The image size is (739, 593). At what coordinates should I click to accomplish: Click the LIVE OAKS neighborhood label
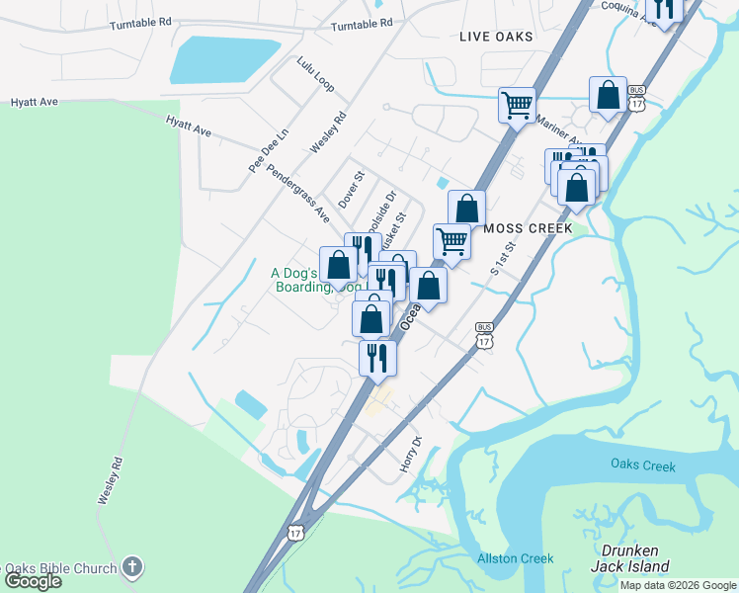(496, 37)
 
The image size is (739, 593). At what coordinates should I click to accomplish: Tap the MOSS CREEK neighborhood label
(529, 228)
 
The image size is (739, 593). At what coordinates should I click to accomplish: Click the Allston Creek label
(515, 558)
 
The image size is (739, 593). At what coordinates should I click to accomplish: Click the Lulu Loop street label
(315, 75)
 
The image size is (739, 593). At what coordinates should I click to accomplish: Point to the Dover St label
(352, 188)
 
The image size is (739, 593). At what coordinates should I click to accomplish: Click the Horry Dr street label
(410, 454)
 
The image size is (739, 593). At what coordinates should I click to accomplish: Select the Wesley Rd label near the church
(110, 481)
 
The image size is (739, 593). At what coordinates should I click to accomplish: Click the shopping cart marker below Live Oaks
(518, 104)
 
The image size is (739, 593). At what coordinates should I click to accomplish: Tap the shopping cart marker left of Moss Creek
(452, 240)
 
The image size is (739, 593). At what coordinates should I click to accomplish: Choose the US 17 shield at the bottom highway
(296, 533)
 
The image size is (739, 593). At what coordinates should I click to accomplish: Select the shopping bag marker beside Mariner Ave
(608, 95)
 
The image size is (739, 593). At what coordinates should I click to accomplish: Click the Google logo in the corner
(33, 581)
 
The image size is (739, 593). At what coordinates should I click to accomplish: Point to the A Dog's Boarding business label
(307, 280)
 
